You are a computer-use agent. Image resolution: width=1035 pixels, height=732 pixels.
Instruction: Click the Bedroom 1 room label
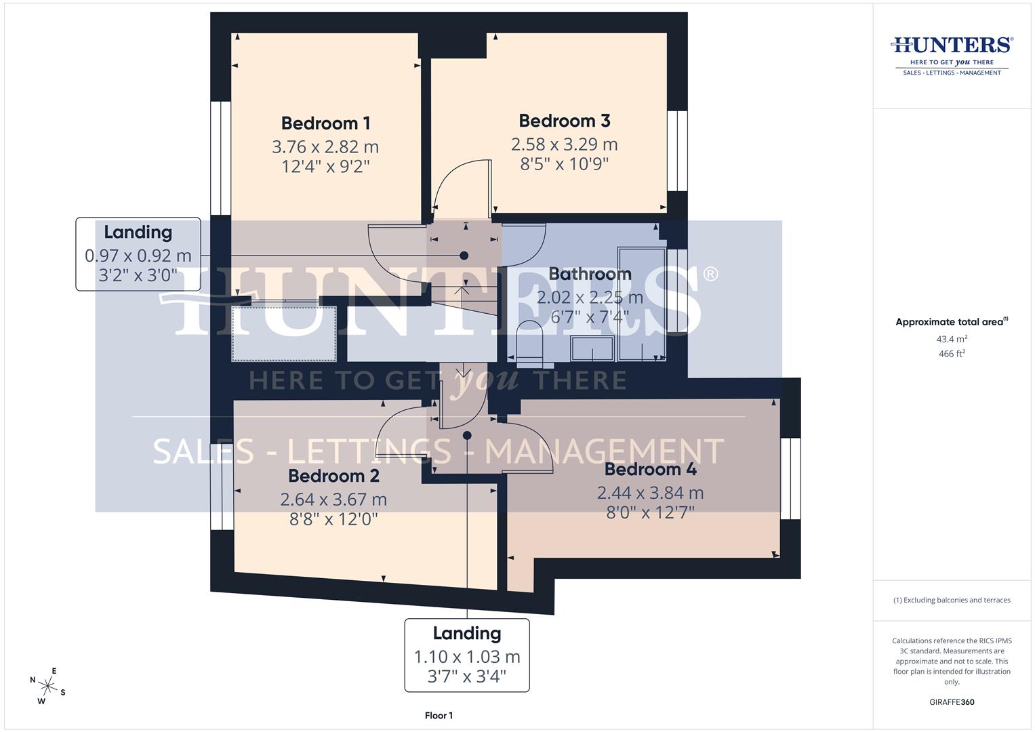pos(325,123)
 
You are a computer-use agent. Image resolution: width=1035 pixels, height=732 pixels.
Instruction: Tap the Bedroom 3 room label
pos(564,121)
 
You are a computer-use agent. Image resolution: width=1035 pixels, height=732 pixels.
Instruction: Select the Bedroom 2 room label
pos(333,476)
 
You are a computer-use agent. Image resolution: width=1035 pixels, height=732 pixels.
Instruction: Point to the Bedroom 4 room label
pos(650,469)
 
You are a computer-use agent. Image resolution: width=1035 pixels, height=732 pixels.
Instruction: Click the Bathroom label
pos(590,274)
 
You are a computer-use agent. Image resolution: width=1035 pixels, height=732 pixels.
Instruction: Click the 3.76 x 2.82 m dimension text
pos(325,146)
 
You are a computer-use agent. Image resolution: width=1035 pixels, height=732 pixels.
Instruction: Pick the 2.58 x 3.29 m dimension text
pos(564,144)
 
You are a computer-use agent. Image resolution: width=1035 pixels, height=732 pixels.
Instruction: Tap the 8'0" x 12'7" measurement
pos(650,512)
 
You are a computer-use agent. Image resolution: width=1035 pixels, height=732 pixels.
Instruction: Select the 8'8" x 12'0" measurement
pos(333,519)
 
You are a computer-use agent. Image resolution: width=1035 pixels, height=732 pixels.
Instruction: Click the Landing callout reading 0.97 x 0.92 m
pos(138,254)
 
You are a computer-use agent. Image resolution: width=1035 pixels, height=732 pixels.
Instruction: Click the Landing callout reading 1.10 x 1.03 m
pos(467,655)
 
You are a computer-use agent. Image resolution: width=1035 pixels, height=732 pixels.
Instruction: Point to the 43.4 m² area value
pos(952,339)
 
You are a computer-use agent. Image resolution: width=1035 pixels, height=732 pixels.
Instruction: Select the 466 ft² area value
pos(952,354)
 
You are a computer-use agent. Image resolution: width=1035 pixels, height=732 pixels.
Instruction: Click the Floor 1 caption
pos(439,715)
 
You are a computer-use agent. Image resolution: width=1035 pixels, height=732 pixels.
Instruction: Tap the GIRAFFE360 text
pos(952,702)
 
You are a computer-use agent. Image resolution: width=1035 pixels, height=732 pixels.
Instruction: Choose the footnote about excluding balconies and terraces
pos(952,600)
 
